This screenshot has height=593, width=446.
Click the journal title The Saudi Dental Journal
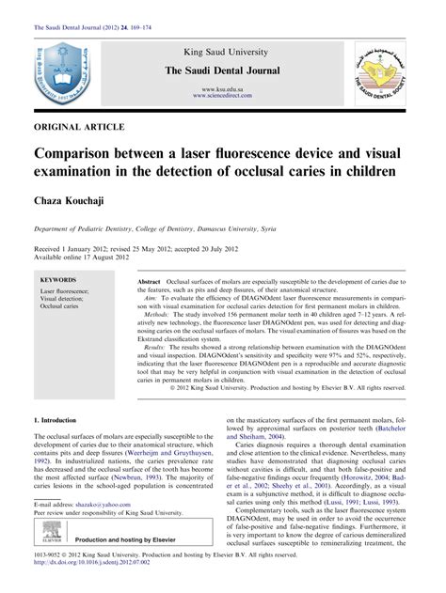[223, 72]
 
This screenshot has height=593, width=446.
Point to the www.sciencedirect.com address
[223, 95]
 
